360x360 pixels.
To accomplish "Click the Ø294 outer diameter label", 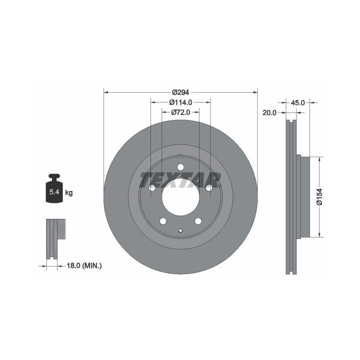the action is pyautogui.click(x=180, y=92).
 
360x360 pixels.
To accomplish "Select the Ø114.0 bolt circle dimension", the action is pyautogui.click(x=180, y=102).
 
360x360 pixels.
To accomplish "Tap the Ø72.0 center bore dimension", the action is pyautogui.click(x=180, y=112).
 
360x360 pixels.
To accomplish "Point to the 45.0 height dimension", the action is pyautogui.click(x=298, y=102).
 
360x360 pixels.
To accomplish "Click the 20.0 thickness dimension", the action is pyautogui.click(x=269, y=112).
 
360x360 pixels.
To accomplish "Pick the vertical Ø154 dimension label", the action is pyautogui.click(x=319, y=197).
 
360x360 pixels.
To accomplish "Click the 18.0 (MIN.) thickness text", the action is pyautogui.click(x=84, y=266).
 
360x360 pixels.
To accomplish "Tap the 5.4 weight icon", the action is pyautogui.click(x=54, y=188).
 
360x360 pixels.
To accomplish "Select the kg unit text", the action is pyautogui.click(x=69, y=193).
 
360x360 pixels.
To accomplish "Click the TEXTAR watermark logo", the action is pyautogui.click(x=180, y=180).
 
